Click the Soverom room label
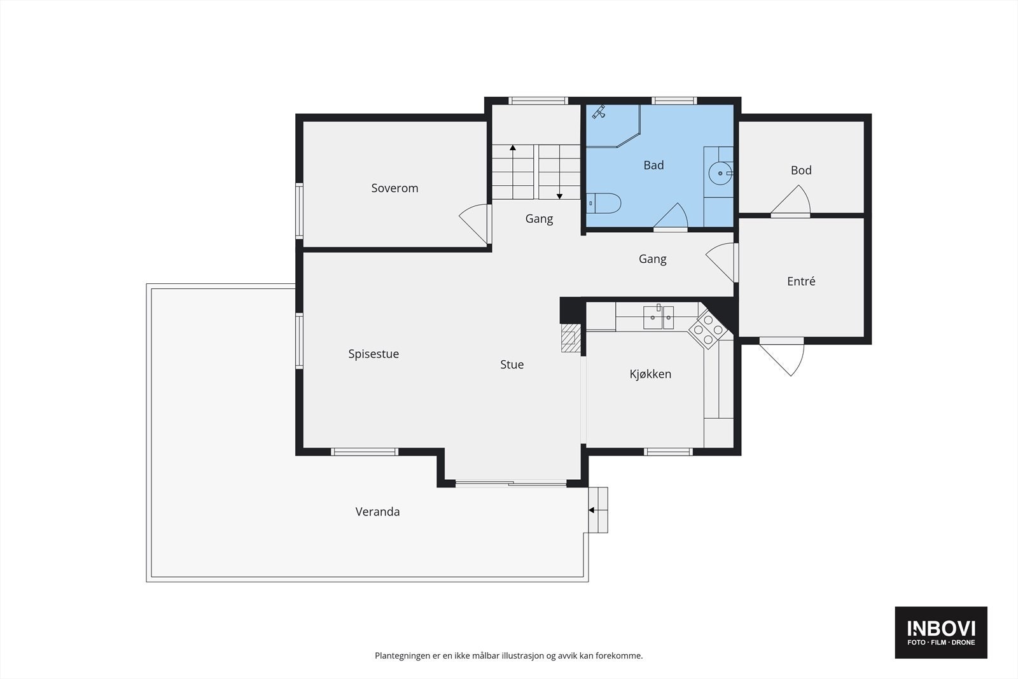pyautogui.click(x=394, y=188)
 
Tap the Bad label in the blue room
pyautogui.click(x=653, y=165)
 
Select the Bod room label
pyautogui.click(x=801, y=170)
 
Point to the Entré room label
pyautogui.click(x=801, y=281)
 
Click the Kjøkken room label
pyautogui.click(x=650, y=374)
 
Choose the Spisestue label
pyautogui.click(x=373, y=354)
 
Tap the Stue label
pyautogui.click(x=512, y=365)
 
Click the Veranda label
pyautogui.click(x=377, y=512)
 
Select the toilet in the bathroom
pyautogui.click(x=604, y=203)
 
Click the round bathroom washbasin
pyautogui.click(x=720, y=173)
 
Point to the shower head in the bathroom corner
pyautogui.click(x=599, y=112)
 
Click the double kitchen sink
pyautogui.click(x=658, y=317)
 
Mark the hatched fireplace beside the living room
pyautogui.click(x=571, y=338)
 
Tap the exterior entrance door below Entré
pyautogui.click(x=783, y=357)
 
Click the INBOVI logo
pyautogui.click(x=941, y=632)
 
